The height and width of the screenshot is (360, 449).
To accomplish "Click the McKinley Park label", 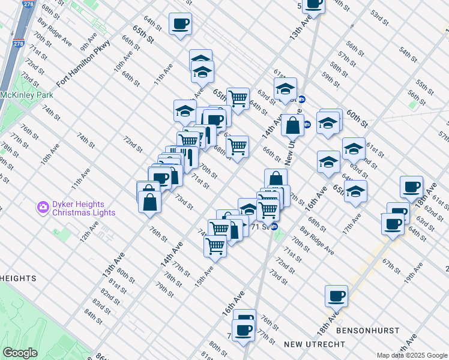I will point(27,95).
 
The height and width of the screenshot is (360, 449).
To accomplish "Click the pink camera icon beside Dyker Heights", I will point(43,208).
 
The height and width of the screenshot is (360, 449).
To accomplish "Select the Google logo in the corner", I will point(20,353).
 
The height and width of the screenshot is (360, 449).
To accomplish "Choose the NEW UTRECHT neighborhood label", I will point(315,344).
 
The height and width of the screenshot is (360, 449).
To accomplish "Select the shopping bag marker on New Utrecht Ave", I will point(292,126).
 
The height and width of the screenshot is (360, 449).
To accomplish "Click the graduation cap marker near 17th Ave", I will point(356,191).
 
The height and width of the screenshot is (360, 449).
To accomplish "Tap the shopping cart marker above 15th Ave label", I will point(215,245).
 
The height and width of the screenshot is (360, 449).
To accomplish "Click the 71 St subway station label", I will point(261,227).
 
